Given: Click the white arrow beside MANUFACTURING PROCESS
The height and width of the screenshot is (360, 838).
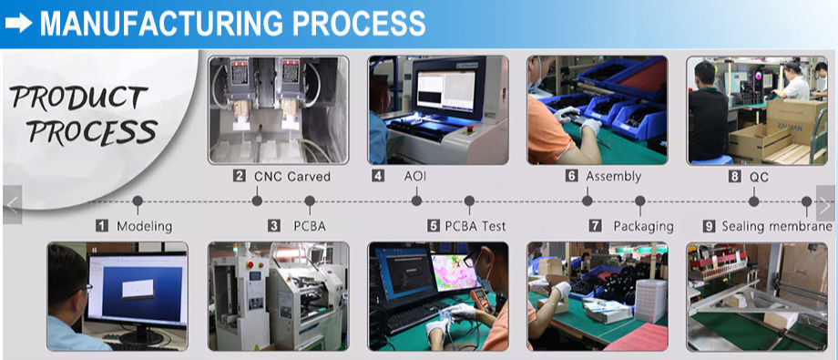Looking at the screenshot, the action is [19, 23].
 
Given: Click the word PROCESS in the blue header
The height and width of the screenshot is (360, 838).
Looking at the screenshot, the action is [359, 24].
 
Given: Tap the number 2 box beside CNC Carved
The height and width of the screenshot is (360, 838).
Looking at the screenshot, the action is [240, 176].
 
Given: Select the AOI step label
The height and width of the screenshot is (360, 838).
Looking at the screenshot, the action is [414, 176].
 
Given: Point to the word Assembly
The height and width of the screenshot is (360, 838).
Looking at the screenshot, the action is [614, 176].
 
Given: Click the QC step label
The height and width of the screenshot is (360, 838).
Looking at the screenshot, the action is [759, 177].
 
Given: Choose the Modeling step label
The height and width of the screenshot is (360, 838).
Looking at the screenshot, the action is [144, 226].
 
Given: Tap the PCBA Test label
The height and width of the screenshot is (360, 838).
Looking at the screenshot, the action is [475, 226].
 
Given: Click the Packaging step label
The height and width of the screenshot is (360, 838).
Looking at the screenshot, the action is [643, 226].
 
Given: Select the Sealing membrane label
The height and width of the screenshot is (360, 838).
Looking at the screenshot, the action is [777, 226].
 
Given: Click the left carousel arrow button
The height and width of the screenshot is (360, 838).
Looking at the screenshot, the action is [12, 204].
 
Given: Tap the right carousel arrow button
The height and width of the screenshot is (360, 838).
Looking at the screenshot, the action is [826, 204].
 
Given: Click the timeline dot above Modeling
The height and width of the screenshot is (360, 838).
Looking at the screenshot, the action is [138, 201].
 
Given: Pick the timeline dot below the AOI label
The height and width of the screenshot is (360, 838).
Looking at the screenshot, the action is [417, 201].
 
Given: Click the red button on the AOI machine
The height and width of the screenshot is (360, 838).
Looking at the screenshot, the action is [471, 129].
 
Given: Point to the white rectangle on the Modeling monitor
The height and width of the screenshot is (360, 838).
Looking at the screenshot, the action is [138, 289].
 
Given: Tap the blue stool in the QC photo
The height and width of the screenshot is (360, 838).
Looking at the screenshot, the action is [712, 159].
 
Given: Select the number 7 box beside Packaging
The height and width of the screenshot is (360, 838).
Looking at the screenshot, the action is [596, 226].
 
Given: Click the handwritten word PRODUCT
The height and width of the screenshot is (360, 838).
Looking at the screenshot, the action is [78, 98].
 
